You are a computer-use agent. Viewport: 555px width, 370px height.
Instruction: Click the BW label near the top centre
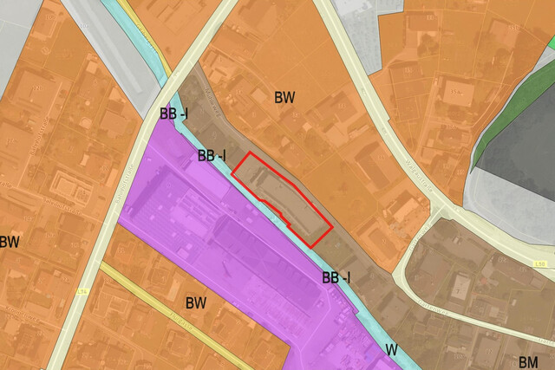[284, 97]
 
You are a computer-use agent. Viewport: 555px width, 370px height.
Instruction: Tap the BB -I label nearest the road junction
[173, 114]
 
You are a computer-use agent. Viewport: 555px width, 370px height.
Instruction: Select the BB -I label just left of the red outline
[212, 156]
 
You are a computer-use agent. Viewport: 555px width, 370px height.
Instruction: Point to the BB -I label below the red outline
[336, 278]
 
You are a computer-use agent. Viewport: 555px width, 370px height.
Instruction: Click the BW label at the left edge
[10, 242]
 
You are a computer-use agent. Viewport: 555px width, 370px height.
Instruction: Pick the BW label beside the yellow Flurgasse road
[196, 303]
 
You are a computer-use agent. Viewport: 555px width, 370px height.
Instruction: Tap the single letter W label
[392, 350]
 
